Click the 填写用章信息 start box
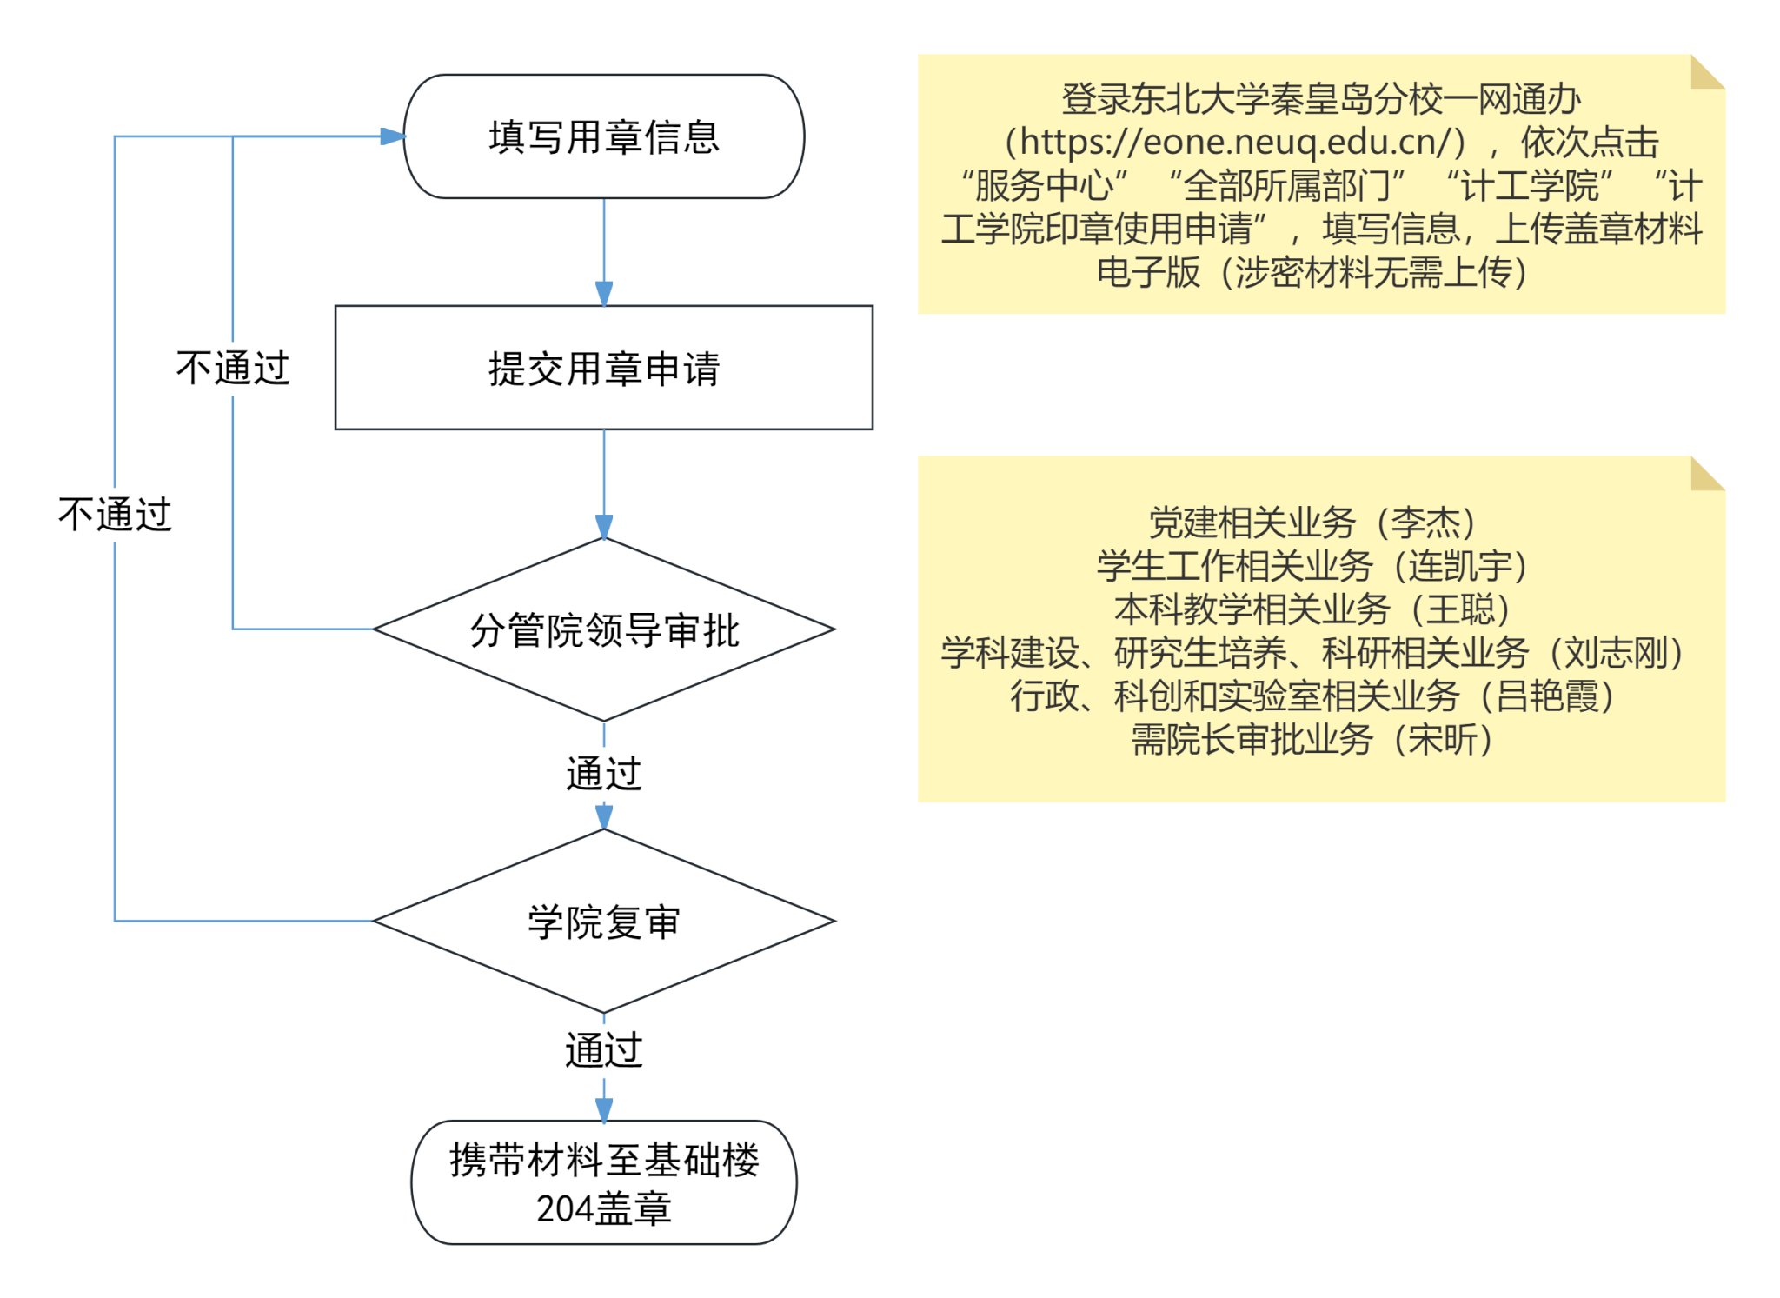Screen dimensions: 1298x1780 point(603,136)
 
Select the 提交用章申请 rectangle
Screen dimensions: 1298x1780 point(603,368)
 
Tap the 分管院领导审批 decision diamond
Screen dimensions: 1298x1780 point(603,629)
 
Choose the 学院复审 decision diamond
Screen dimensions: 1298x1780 point(603,922)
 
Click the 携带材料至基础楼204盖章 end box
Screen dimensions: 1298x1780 point(603,1182)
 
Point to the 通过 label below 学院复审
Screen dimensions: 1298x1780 point(603,1049)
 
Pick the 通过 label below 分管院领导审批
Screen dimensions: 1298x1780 point(603,773)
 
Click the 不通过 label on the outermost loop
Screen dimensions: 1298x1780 point(115,514)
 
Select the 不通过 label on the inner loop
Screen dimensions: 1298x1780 point(232,368)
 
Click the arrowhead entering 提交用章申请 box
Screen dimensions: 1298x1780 point(604,294)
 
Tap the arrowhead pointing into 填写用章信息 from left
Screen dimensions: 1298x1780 point(393,136)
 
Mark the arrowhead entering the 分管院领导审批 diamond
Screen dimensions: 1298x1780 point(604,527)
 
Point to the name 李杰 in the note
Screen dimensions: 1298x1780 point(1425,523)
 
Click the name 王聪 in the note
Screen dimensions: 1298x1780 point(1460,609)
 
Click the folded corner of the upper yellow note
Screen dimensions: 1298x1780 point(1706,71)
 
